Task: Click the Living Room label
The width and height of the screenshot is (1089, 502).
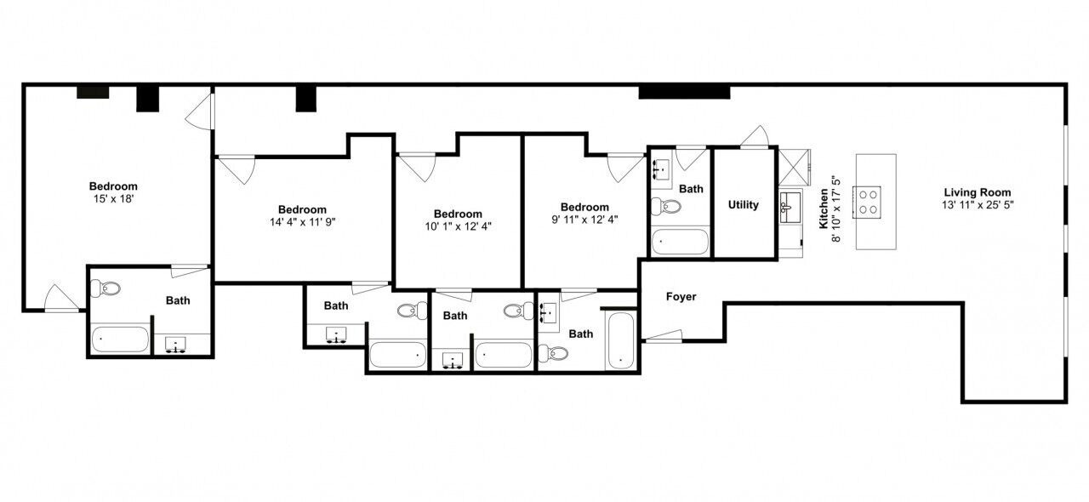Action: [978, 192]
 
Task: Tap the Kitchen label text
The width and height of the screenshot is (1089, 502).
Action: [824, 208]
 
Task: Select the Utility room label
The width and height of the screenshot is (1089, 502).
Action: [744, 205]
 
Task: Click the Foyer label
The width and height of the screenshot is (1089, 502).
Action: [681, 296]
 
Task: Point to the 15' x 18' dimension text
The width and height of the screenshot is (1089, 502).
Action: [113, 199]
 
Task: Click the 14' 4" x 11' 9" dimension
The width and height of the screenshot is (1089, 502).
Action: [303, 222]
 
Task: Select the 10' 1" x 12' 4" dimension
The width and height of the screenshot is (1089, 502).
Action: [459, 226]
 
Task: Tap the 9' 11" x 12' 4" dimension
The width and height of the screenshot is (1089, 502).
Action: [584, 220]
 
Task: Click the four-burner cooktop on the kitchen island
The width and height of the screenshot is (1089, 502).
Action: [867, 202]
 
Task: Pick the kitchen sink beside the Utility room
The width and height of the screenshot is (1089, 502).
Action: [790, 208]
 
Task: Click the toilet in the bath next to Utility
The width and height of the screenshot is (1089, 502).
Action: [666, 207]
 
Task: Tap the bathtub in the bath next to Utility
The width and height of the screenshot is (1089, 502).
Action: [680, 242]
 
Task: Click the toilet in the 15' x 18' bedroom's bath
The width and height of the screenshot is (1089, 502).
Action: [105, 288]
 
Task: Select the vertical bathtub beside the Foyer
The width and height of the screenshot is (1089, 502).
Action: [621, 340]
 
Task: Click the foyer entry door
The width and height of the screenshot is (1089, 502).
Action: [662, 336]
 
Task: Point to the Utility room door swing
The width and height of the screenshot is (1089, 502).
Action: [755, 136]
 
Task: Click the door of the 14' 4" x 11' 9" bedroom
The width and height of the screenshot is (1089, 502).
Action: [237, 168]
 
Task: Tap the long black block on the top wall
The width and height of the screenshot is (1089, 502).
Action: [684, 92]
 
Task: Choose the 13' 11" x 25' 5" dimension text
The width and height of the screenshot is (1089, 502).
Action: [978, 205]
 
